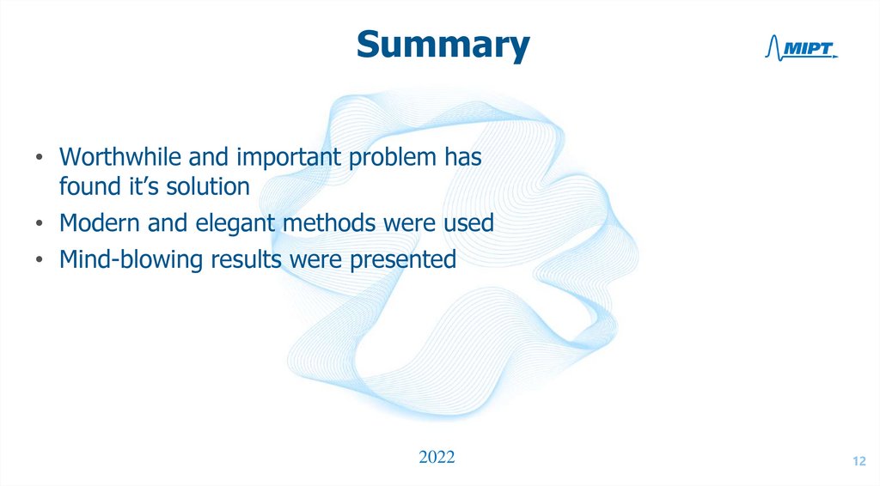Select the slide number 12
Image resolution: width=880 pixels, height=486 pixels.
pos(859,463)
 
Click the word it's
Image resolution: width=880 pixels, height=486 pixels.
pos(128,185)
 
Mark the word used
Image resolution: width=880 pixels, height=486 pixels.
pos(470,223)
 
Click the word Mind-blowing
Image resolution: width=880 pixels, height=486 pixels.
pos(122,260)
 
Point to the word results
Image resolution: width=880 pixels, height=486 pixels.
pos(241,260)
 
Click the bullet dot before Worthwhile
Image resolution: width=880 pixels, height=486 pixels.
pos(39,160)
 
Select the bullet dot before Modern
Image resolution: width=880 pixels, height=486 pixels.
pos(39,224)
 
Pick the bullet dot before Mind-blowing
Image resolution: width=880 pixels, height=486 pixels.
pos(39,261)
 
